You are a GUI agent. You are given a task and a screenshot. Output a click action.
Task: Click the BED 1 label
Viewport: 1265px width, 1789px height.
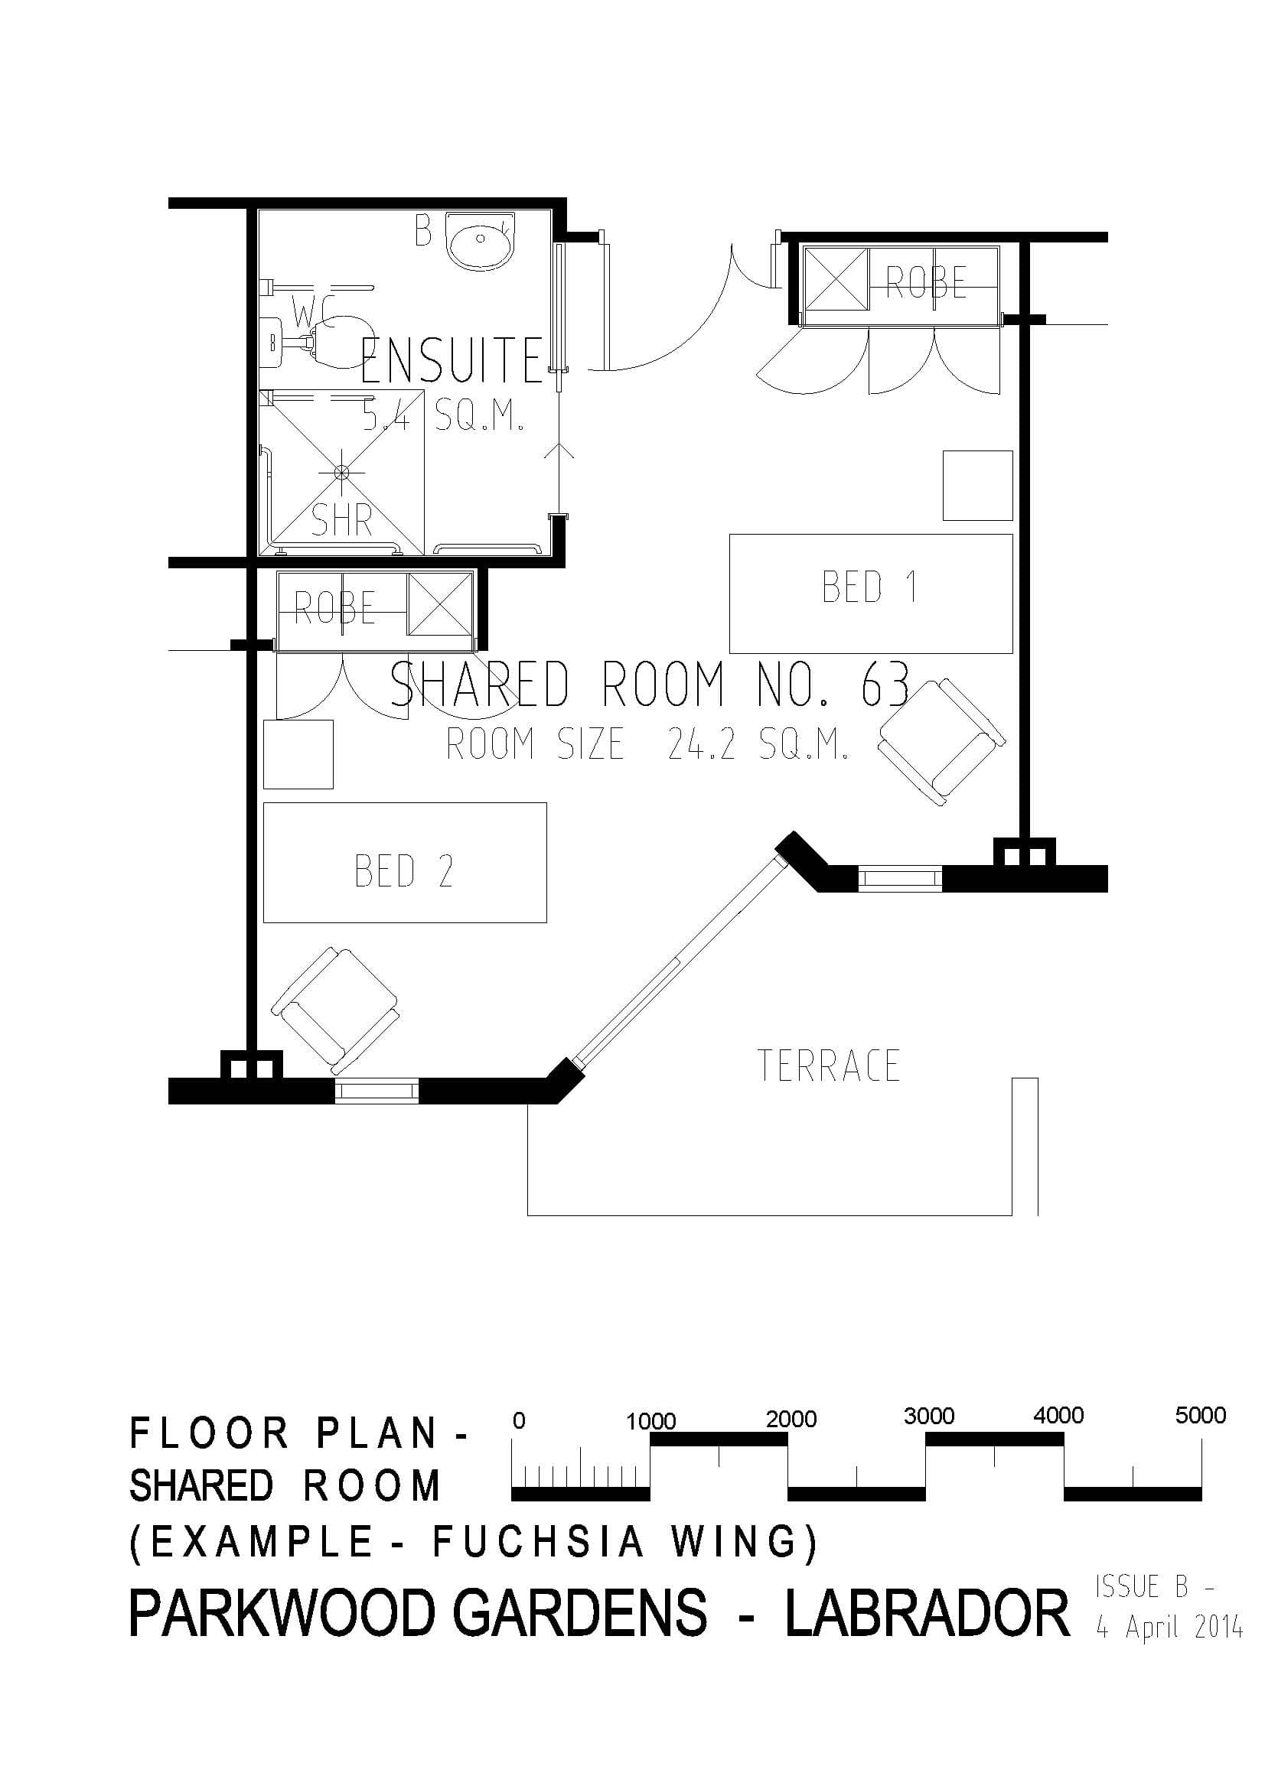point(870,587)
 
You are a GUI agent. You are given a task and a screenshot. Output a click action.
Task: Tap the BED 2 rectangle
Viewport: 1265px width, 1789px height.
point(405,863)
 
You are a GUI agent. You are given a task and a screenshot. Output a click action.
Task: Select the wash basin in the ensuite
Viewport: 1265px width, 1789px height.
point(480,239)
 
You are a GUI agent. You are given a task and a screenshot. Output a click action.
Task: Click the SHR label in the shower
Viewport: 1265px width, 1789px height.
point(341,519)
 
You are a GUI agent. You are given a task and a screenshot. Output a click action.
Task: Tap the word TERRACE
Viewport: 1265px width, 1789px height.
point(829,1066)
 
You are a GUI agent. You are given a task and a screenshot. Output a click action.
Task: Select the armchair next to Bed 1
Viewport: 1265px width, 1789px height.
point(941,741)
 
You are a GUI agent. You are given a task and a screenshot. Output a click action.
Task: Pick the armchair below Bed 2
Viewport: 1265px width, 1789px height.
point(335,1010)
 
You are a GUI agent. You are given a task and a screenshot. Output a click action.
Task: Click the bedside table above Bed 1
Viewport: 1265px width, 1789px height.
point(977,486)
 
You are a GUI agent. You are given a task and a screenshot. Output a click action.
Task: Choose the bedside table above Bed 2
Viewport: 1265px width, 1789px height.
point(298,754)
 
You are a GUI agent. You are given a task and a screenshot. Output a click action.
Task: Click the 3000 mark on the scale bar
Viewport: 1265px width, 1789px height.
point(928,1416)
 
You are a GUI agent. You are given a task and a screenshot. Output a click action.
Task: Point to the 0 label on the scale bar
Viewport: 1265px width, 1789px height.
point(519,1420)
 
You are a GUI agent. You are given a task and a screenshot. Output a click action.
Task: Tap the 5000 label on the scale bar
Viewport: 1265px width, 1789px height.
point(1200,1415)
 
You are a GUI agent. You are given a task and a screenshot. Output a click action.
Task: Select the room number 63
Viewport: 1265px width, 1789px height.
point(885,683)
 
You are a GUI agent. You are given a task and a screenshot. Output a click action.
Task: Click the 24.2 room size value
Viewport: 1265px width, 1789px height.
point(702,745)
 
